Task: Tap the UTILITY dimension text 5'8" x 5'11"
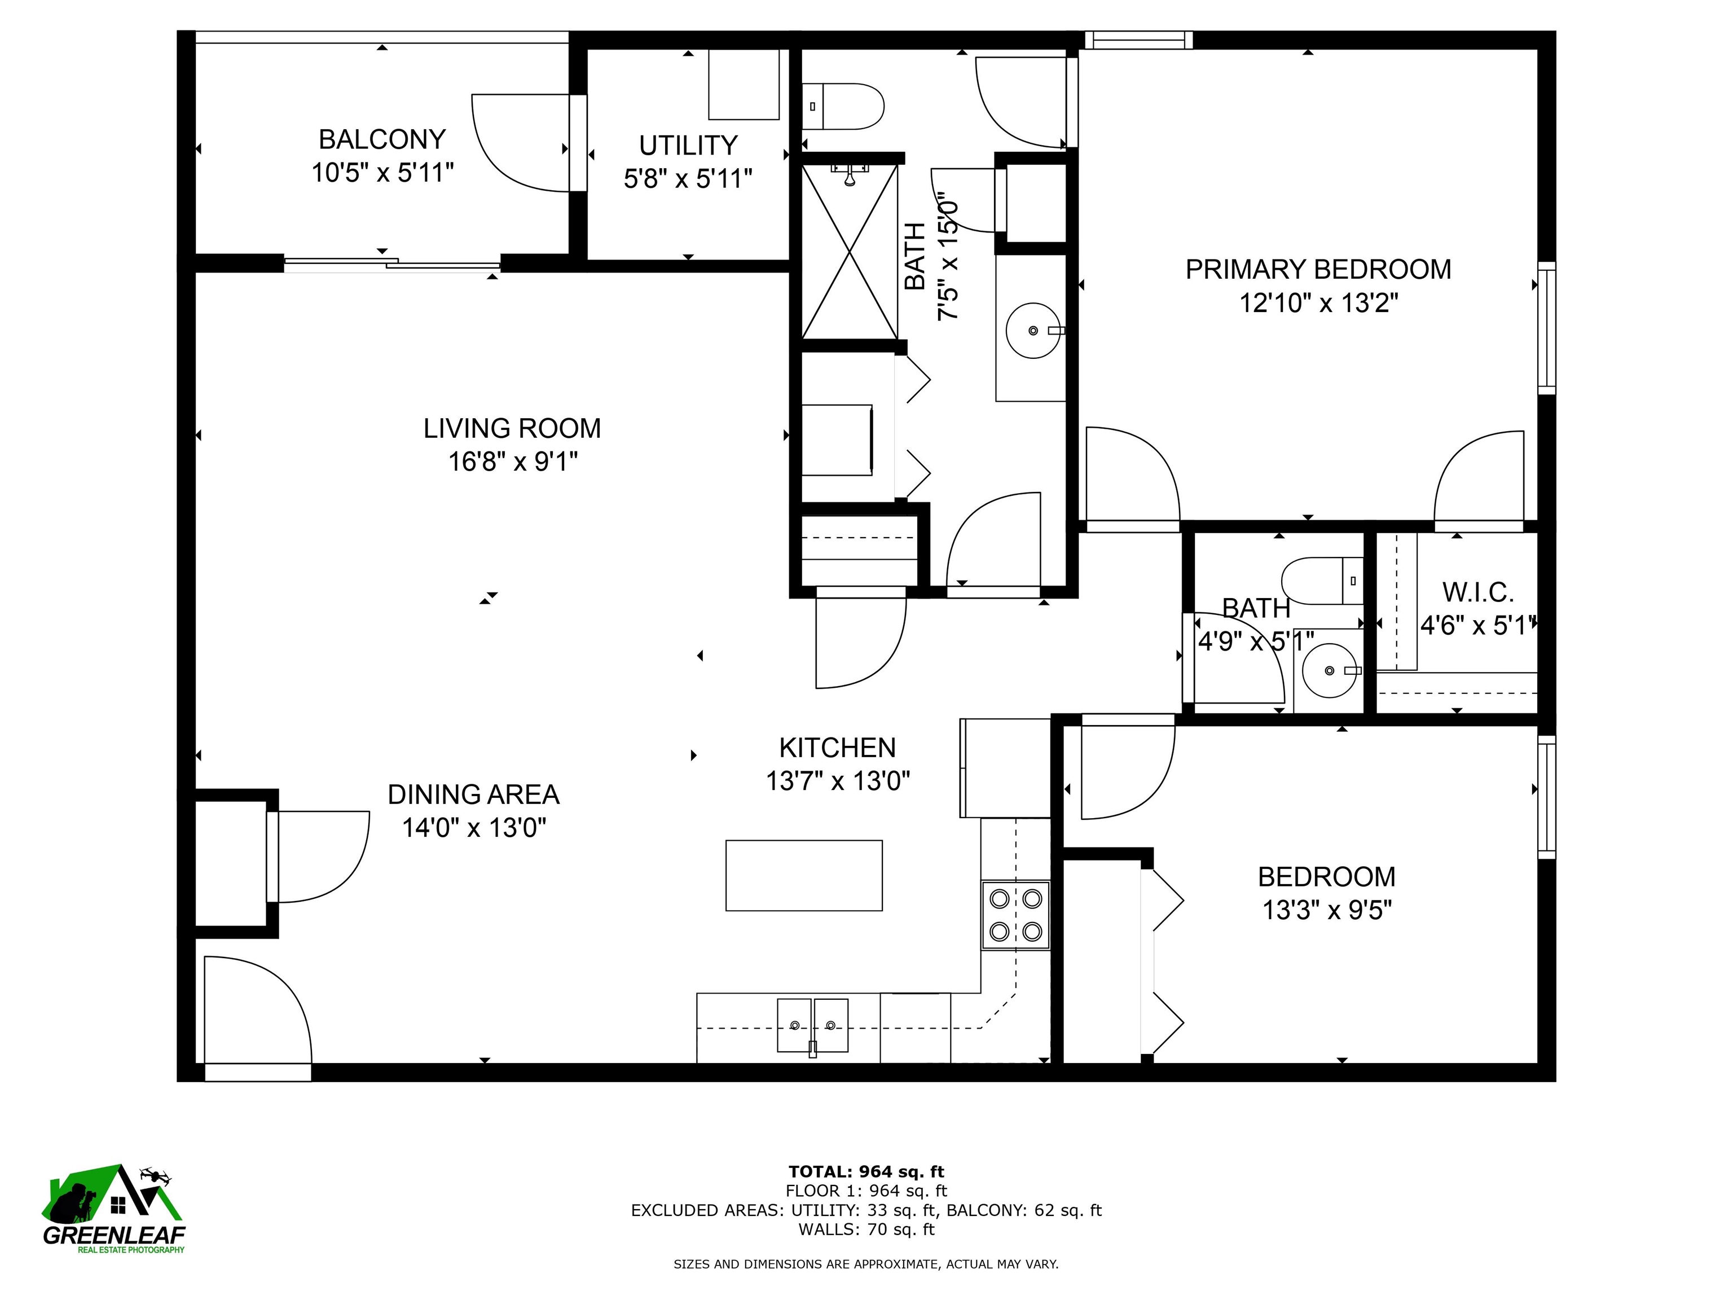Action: point(687,179)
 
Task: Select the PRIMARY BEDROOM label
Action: point(1318,270)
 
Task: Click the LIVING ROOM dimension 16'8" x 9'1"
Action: point(512,462)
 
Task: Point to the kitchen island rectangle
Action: point(804,875)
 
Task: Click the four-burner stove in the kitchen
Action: point(1015,915)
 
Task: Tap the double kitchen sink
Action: point(812,1025)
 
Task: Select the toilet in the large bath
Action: point(842,107)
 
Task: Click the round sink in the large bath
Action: point(1033,331)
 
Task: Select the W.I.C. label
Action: point(1477,592)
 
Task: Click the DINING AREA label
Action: point(473,794)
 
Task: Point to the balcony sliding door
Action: point(392,264)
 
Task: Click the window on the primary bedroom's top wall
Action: point(1138,40)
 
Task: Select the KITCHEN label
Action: point(837,748)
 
